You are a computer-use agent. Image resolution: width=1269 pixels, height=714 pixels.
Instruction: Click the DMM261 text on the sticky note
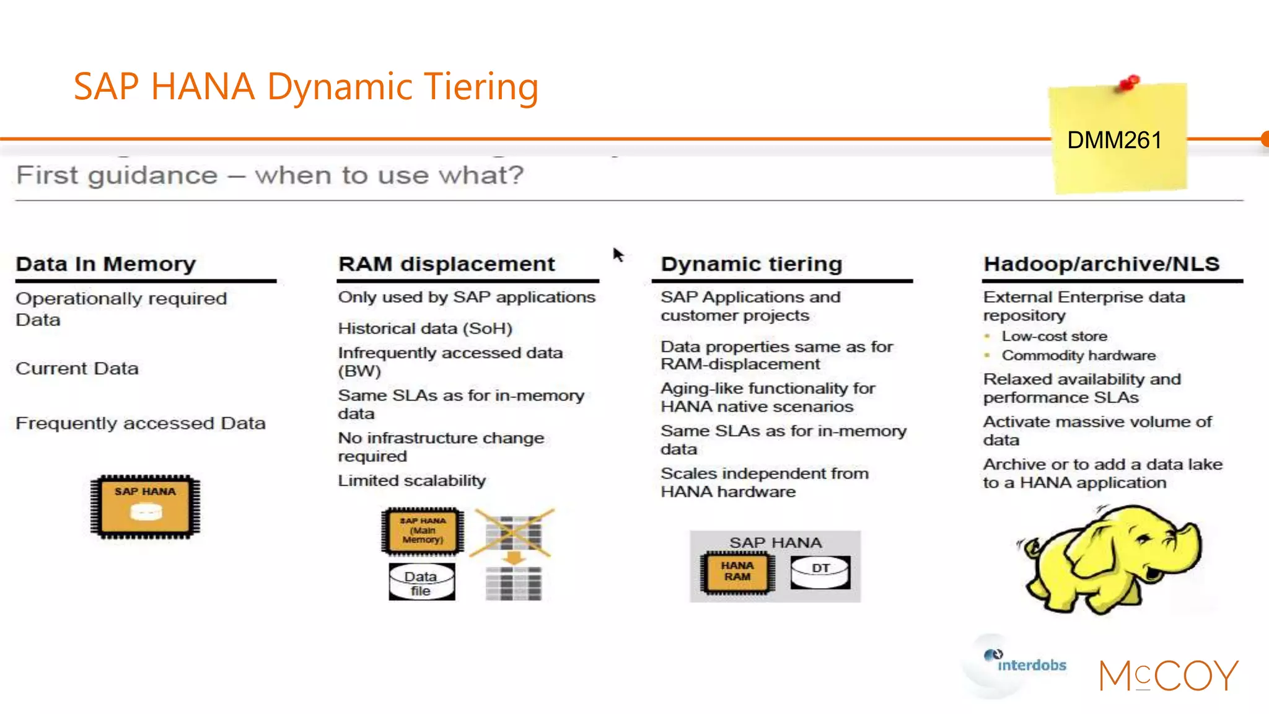click(x=1114, y=141)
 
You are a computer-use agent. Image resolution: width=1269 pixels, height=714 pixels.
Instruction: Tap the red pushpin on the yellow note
click(x=1130, y=83)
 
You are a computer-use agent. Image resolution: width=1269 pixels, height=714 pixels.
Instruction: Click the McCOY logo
click(x=1169, y=675)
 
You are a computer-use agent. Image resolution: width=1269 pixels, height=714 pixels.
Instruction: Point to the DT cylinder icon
click(x=820, y=573)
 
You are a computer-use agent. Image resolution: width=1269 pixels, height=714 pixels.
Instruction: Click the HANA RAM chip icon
click(x=737, y=572)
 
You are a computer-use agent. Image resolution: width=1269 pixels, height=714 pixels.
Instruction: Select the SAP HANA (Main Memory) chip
click(x=423, y=531)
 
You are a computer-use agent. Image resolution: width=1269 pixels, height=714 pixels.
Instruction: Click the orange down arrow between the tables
click(x=513, y=558)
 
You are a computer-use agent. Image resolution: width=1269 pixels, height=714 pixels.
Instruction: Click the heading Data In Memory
click(x=105, y=264)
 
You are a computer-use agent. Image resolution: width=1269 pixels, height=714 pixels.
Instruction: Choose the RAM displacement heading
click(x=446, y=264)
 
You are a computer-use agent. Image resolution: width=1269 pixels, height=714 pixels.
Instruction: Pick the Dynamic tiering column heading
click(x=751, y=264)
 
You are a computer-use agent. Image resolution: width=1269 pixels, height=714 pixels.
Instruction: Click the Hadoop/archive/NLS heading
click(x=1101, y=264)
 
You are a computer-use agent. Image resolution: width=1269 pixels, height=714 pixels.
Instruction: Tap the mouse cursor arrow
click(x=618, y=255)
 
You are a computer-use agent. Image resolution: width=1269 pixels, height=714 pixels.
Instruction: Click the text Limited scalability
click(x=411, y=481)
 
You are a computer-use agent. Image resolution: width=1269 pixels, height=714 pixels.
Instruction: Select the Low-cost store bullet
click(x=1054, y=337)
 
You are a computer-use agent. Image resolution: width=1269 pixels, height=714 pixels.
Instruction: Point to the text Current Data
click(x=77, y=369)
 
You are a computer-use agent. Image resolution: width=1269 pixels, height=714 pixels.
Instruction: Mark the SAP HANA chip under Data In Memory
click(x=145, y=506)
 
